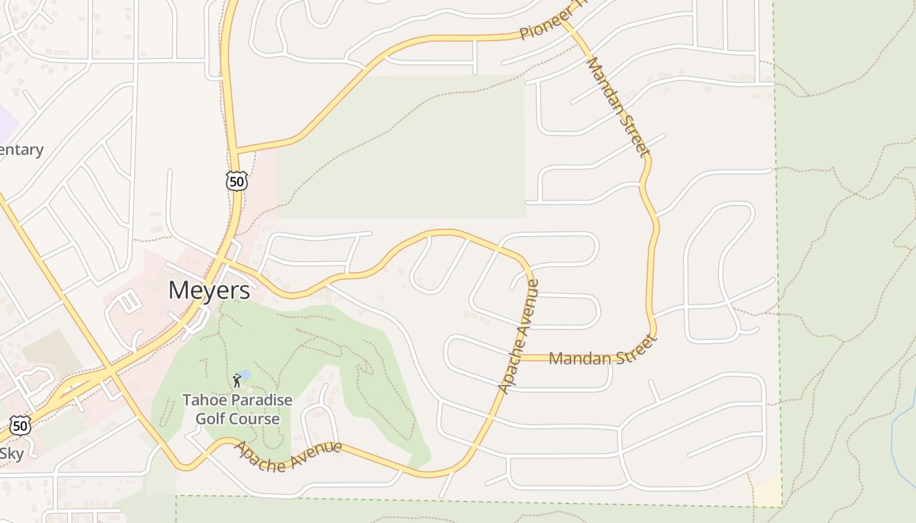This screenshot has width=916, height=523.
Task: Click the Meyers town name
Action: (209, 290)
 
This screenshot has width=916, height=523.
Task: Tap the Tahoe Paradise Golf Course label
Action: (238, 409)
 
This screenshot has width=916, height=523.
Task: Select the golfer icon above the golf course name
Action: (237, 380)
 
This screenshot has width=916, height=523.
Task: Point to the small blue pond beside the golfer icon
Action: (244, 375)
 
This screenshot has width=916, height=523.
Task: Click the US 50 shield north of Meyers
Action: (237, 180)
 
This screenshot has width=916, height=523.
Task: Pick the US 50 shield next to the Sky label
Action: (20, 426)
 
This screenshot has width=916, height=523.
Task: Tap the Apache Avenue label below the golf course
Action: (288, 456)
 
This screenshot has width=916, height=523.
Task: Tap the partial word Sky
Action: (11, 454)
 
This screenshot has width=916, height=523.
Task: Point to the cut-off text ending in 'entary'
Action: (21, 150)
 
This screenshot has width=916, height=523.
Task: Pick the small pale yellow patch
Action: (769, 492)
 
